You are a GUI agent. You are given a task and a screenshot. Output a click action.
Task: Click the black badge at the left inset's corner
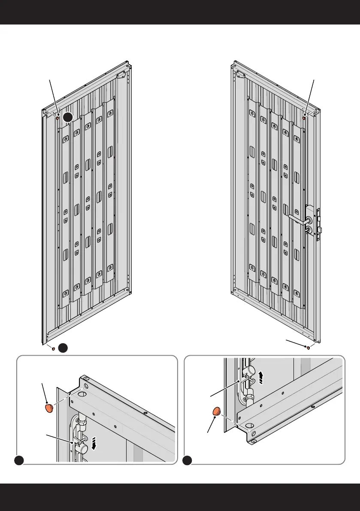[x=18, y=460]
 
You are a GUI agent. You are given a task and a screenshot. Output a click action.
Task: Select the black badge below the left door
[x=63, y=348]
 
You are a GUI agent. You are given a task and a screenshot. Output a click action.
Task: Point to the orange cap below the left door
[x=53, y=349]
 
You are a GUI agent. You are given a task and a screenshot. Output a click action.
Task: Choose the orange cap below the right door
[x=309, y=348]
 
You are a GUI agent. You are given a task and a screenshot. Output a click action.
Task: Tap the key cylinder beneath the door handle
[x=308, y=230]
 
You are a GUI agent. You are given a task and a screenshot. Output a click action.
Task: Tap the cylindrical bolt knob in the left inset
[x=82, y=448]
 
